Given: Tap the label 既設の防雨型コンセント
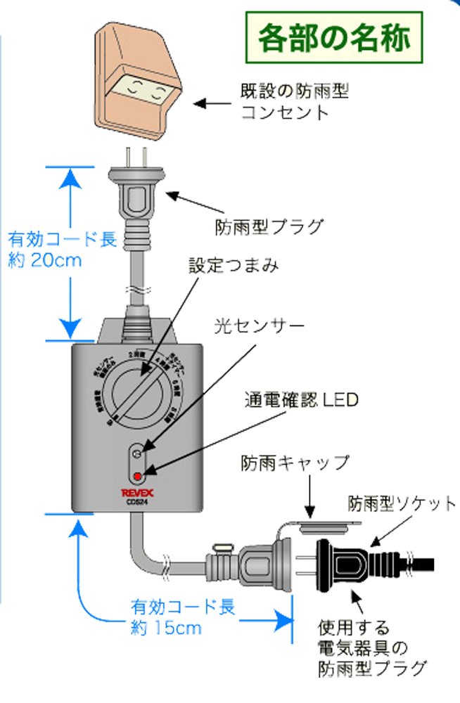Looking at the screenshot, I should point(295,101).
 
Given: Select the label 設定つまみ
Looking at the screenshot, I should point(234,266).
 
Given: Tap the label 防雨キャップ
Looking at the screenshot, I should point(295,463).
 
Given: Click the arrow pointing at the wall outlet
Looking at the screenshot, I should point(211,103).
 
